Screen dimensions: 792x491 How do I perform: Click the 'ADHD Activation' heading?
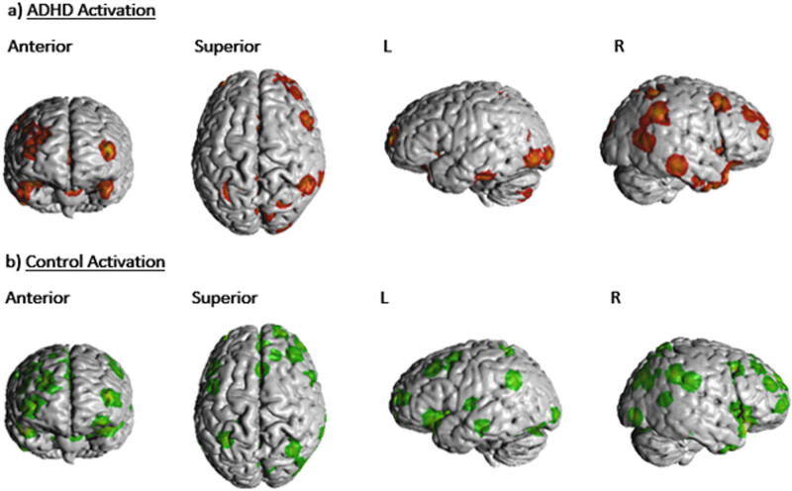[79, 12]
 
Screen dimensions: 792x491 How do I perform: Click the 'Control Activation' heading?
[95, 262]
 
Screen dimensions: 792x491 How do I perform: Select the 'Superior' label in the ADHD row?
[227, 46]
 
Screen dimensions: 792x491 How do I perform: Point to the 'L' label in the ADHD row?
[387, 46]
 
